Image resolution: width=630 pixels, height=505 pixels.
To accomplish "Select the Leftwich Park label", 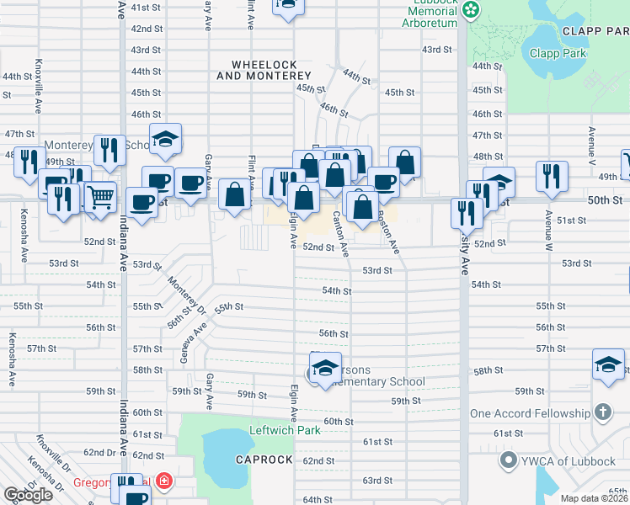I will click(x=286, y=430).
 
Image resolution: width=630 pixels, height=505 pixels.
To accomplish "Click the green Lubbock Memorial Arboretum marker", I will click(x=472, y=8).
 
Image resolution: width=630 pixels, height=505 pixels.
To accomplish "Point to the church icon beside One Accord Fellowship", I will click(x=602, y=413).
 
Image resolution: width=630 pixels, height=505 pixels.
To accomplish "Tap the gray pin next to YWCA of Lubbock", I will click(x=507, y=460).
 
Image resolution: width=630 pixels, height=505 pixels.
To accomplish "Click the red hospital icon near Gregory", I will click(x=165, y=482).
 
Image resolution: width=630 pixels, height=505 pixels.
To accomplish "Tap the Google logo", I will click(x=28, y=495).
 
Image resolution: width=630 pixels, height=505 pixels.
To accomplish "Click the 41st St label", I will click(x=146, y=7).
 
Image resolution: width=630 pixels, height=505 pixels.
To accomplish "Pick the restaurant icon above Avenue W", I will click(x=552, y=176).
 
